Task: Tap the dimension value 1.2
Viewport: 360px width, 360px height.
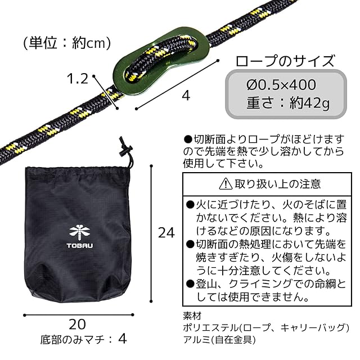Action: [x=77, y=78]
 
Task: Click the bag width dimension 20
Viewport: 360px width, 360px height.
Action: [x=78, y=324]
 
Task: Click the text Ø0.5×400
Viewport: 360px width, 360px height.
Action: [x=281, y=85]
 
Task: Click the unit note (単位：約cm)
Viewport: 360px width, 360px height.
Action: [x=66, y=43]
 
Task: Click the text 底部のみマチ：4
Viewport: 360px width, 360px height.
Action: [x=84, y=340]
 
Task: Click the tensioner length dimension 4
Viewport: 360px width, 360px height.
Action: [x=186, y=96]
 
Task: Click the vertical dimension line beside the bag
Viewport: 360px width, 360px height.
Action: [x=152, y=232]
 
